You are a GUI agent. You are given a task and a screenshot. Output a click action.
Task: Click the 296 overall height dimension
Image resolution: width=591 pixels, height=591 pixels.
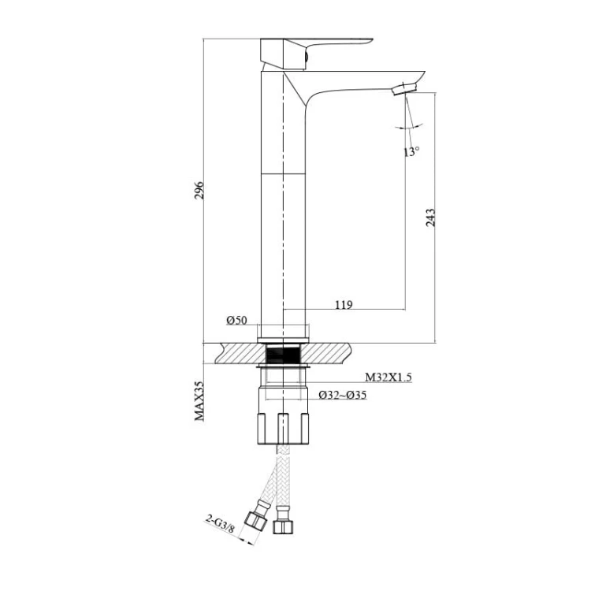click(x=199, y=191)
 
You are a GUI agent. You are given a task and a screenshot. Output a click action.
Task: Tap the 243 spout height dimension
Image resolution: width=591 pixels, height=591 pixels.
click(x=430, y=217)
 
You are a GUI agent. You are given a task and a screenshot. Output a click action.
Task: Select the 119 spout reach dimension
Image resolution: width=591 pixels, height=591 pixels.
click(x=344, y=304)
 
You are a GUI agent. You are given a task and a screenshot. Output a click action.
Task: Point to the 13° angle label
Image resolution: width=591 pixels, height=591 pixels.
click(x=411, y=151)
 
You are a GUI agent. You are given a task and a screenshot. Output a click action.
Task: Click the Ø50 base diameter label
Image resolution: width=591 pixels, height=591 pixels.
click(x=236, y=321)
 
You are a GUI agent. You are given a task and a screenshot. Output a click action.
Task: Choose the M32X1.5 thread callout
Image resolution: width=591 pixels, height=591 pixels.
click(x=388, y=377)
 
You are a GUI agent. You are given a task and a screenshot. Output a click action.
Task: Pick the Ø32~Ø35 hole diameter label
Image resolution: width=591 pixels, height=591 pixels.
click(x=342, y=395)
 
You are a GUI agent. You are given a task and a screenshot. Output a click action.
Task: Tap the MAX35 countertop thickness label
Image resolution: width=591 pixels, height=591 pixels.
click(x=199, y=400)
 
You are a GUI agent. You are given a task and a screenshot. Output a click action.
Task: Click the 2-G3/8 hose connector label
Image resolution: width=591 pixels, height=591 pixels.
click(x=220, y=523)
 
